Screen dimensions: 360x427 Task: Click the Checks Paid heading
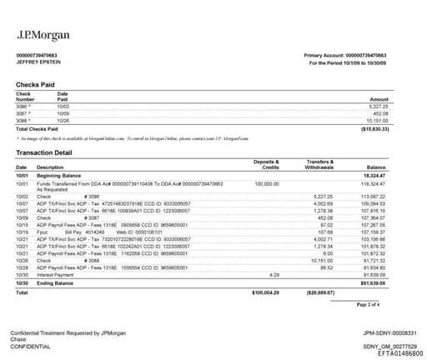(x=37, y=85)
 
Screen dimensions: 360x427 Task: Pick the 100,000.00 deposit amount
(x=266, y=182)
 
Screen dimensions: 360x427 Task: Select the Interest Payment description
(x=56, y=274)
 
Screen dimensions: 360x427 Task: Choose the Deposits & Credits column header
(x=265, y=164)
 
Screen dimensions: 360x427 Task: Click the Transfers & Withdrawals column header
(x=319, y=164)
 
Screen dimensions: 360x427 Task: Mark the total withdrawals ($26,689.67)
(x=320, y=293)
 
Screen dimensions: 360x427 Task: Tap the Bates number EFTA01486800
(x=388, y=352)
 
